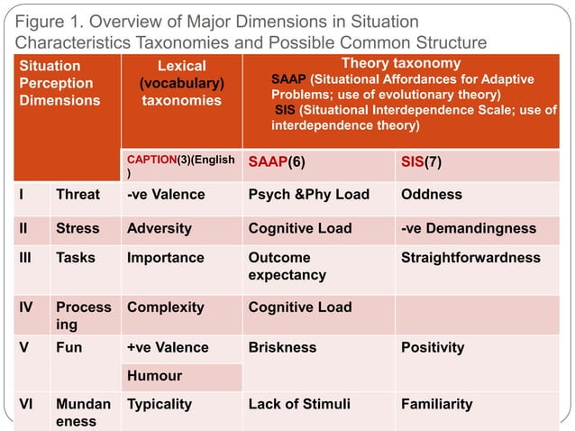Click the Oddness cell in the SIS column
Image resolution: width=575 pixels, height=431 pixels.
(x=431, y=195)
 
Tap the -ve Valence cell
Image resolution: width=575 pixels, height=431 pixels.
(x=166, y=195)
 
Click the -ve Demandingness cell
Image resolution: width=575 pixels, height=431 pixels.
(x=469, y=228)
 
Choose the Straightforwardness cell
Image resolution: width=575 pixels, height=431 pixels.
(x=470, y=258)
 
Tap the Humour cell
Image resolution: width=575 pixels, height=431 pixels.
(x=154, y=375)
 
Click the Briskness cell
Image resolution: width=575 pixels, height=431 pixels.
(x=282, y=347)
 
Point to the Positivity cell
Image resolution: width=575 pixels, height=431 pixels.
(x=433, y=347)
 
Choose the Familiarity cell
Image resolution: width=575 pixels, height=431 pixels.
(x=437, y=404)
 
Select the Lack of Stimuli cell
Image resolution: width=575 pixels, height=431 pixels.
(x=298, y=404)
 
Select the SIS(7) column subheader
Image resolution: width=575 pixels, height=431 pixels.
(x=421, y=162)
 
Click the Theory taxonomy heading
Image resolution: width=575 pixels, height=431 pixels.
(x=401, y=64)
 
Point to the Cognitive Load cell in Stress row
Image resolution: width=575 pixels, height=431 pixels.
(x=299, y=228)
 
